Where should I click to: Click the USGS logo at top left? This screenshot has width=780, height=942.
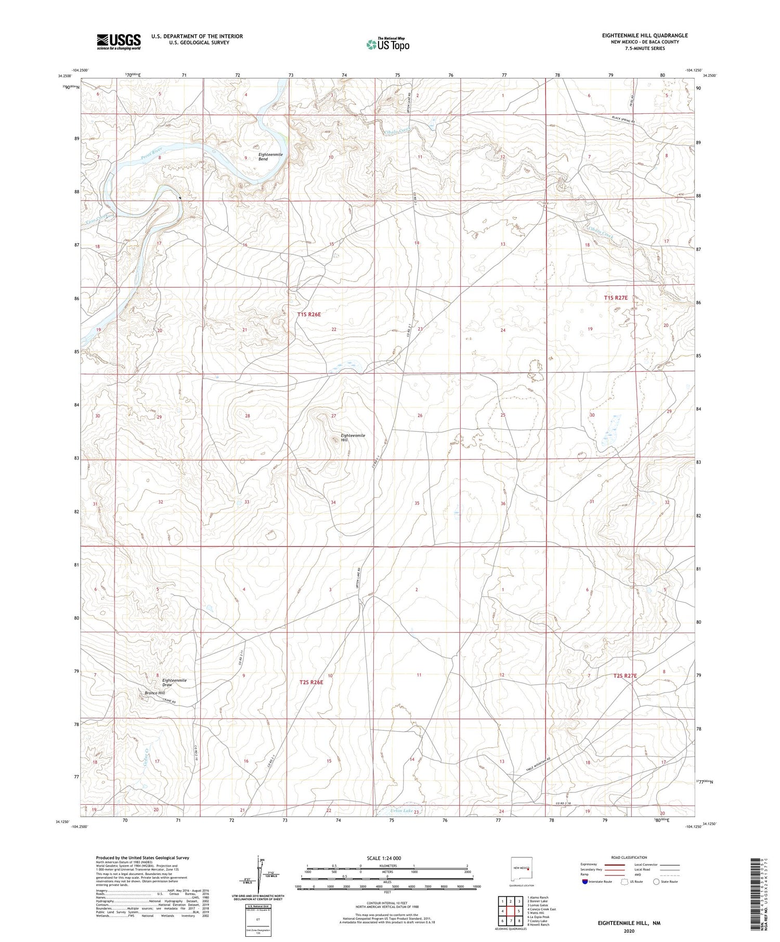pyautogui.click(x=119, y=42)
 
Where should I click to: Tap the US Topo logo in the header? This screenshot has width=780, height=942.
pyautogui.click(x=387, y=44)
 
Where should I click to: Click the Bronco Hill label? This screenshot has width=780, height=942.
pyautogui.click(x=154, y=693)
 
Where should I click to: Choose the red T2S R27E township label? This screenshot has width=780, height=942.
pyautogui.click(x=625, y=675)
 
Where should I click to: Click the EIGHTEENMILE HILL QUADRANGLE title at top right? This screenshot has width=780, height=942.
pyautogui.click(x=637, y=35)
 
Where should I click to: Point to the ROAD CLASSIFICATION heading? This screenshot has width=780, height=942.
pyautogui.click(x=629, y=857)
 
